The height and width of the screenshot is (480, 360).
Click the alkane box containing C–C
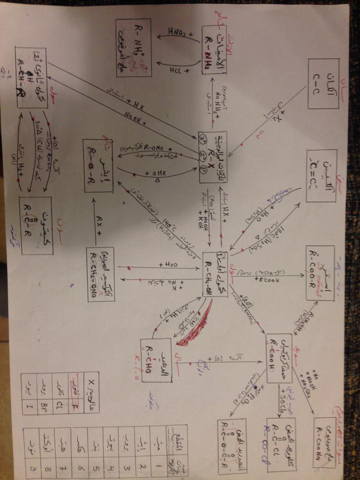pyautogui.click(x=323, y=83)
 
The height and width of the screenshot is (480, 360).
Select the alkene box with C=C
pyautogui.click(x=321, y=175)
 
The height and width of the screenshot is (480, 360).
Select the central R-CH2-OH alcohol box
pyautogui.click(x=215, y=274)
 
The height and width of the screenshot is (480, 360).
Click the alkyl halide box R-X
pyautogui.click(x=212, y=157)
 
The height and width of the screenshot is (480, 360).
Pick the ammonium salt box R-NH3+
pyautogui.click(x=134, y=48)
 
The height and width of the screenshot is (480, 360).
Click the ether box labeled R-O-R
pyautogui.click(x=98, y=165)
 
